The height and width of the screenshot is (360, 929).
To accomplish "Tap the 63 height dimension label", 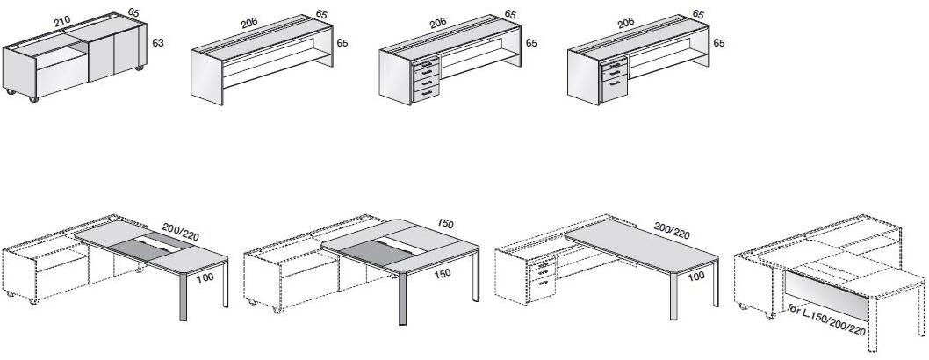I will (159, 41).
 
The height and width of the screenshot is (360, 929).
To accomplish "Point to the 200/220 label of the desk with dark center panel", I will (181, 231).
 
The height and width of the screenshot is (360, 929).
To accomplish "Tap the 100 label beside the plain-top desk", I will (696, 276).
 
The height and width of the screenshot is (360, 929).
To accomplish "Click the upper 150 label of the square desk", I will (446, 224).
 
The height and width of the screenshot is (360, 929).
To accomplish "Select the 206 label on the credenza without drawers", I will (251, 25).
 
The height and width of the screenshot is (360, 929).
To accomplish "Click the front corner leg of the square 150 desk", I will (403, 302).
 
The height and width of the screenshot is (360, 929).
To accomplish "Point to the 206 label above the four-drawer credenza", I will (437, 23).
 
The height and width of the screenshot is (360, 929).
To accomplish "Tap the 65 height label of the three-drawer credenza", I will (719, 42).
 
